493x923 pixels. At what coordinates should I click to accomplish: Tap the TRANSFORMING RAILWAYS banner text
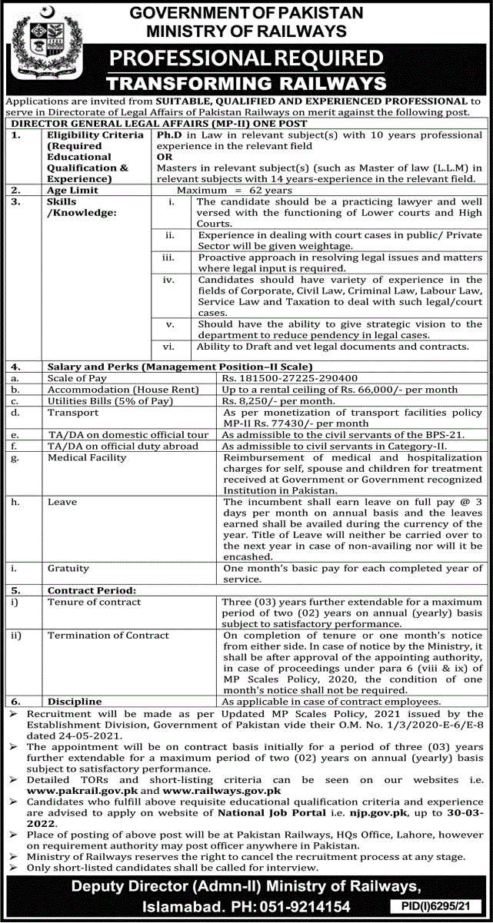click(246, 82)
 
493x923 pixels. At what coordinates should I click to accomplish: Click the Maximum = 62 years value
click(234, 189)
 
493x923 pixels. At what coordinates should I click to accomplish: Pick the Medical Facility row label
click(86, 457)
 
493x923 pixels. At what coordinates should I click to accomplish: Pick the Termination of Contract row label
click(108, 636)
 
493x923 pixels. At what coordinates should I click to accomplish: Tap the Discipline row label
click(74, 702)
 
